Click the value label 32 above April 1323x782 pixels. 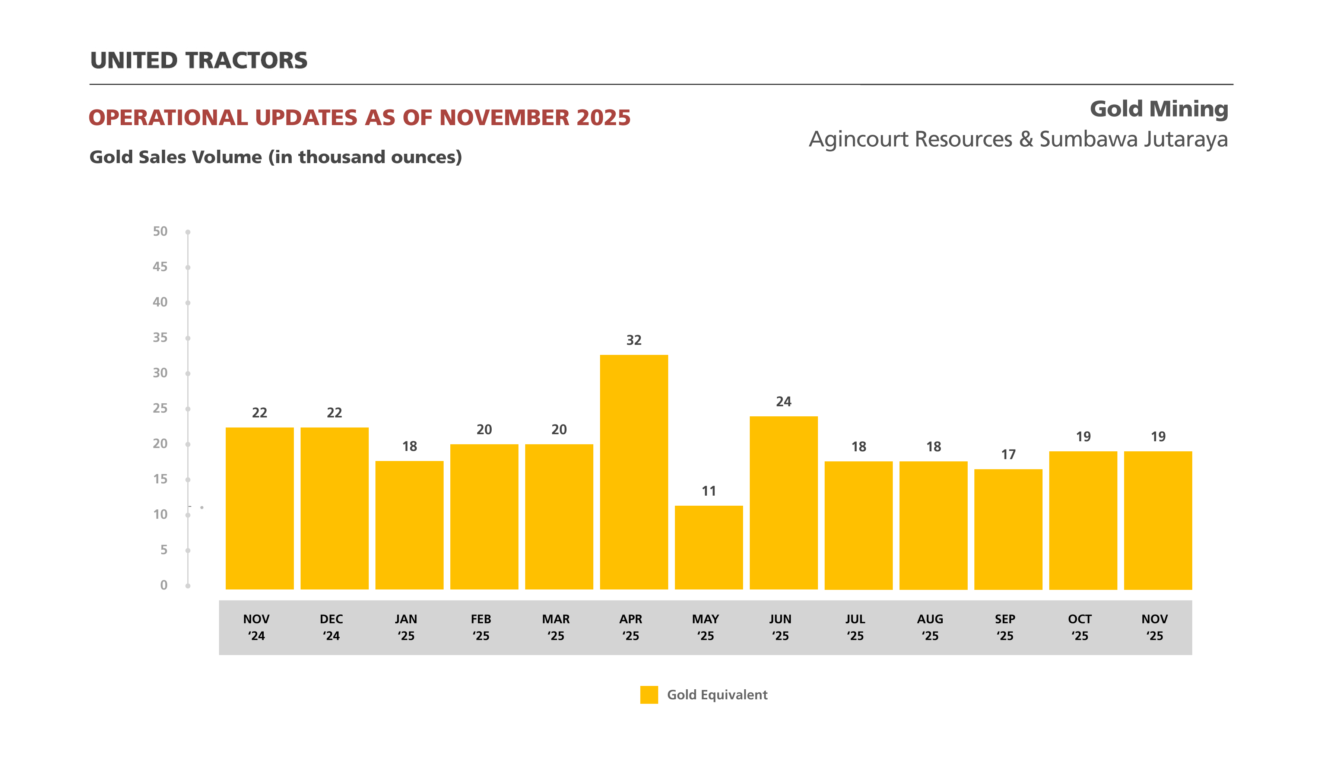coord(634,340)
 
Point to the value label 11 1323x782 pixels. coord(708,491)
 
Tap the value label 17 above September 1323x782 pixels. coord(1008,454)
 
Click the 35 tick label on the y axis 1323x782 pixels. coord(160,337)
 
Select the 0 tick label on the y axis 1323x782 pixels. coord(164,585)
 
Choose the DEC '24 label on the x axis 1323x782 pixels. coord(331,627)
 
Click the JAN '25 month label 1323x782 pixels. coord(406,627)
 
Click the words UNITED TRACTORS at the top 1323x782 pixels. coord(199,61)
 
